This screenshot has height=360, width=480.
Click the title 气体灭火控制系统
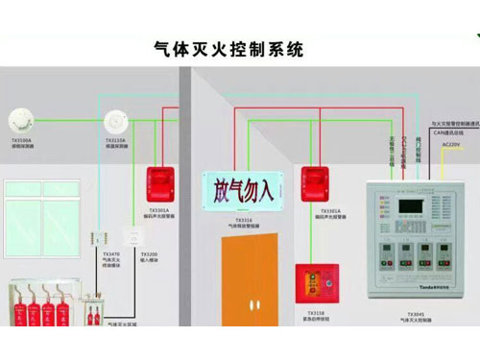coord(228,48)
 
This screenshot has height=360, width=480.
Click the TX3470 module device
coord(101,238)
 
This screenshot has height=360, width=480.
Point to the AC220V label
coord(450,145)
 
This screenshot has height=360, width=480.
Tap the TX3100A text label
coord(20,140)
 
